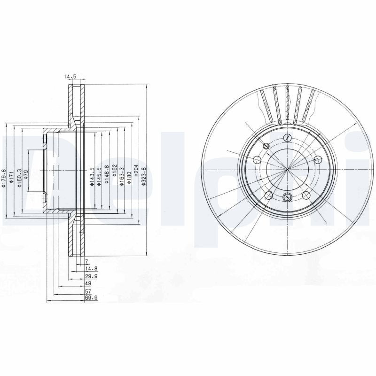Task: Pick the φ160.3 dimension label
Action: tap(19, 178)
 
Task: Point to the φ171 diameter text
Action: tap(11, 179)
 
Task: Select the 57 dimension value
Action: tap(87, 291)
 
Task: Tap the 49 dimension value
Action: tap(87, 284)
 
